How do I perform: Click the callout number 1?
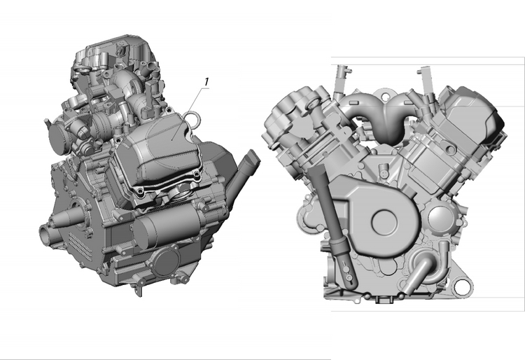pos(206,82)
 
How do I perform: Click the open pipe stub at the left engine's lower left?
pos(46,235)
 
